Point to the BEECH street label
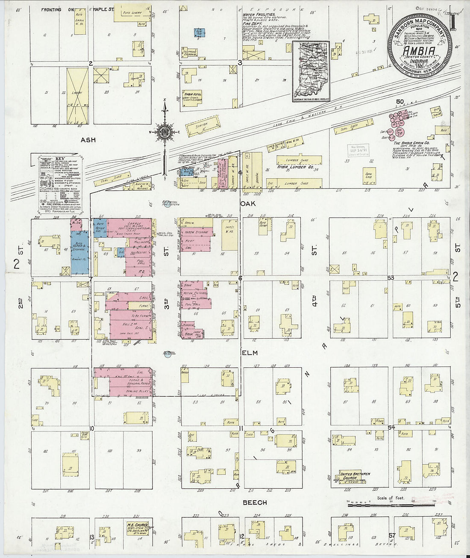coord(256,502)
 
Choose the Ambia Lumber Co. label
coord(292,168)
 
